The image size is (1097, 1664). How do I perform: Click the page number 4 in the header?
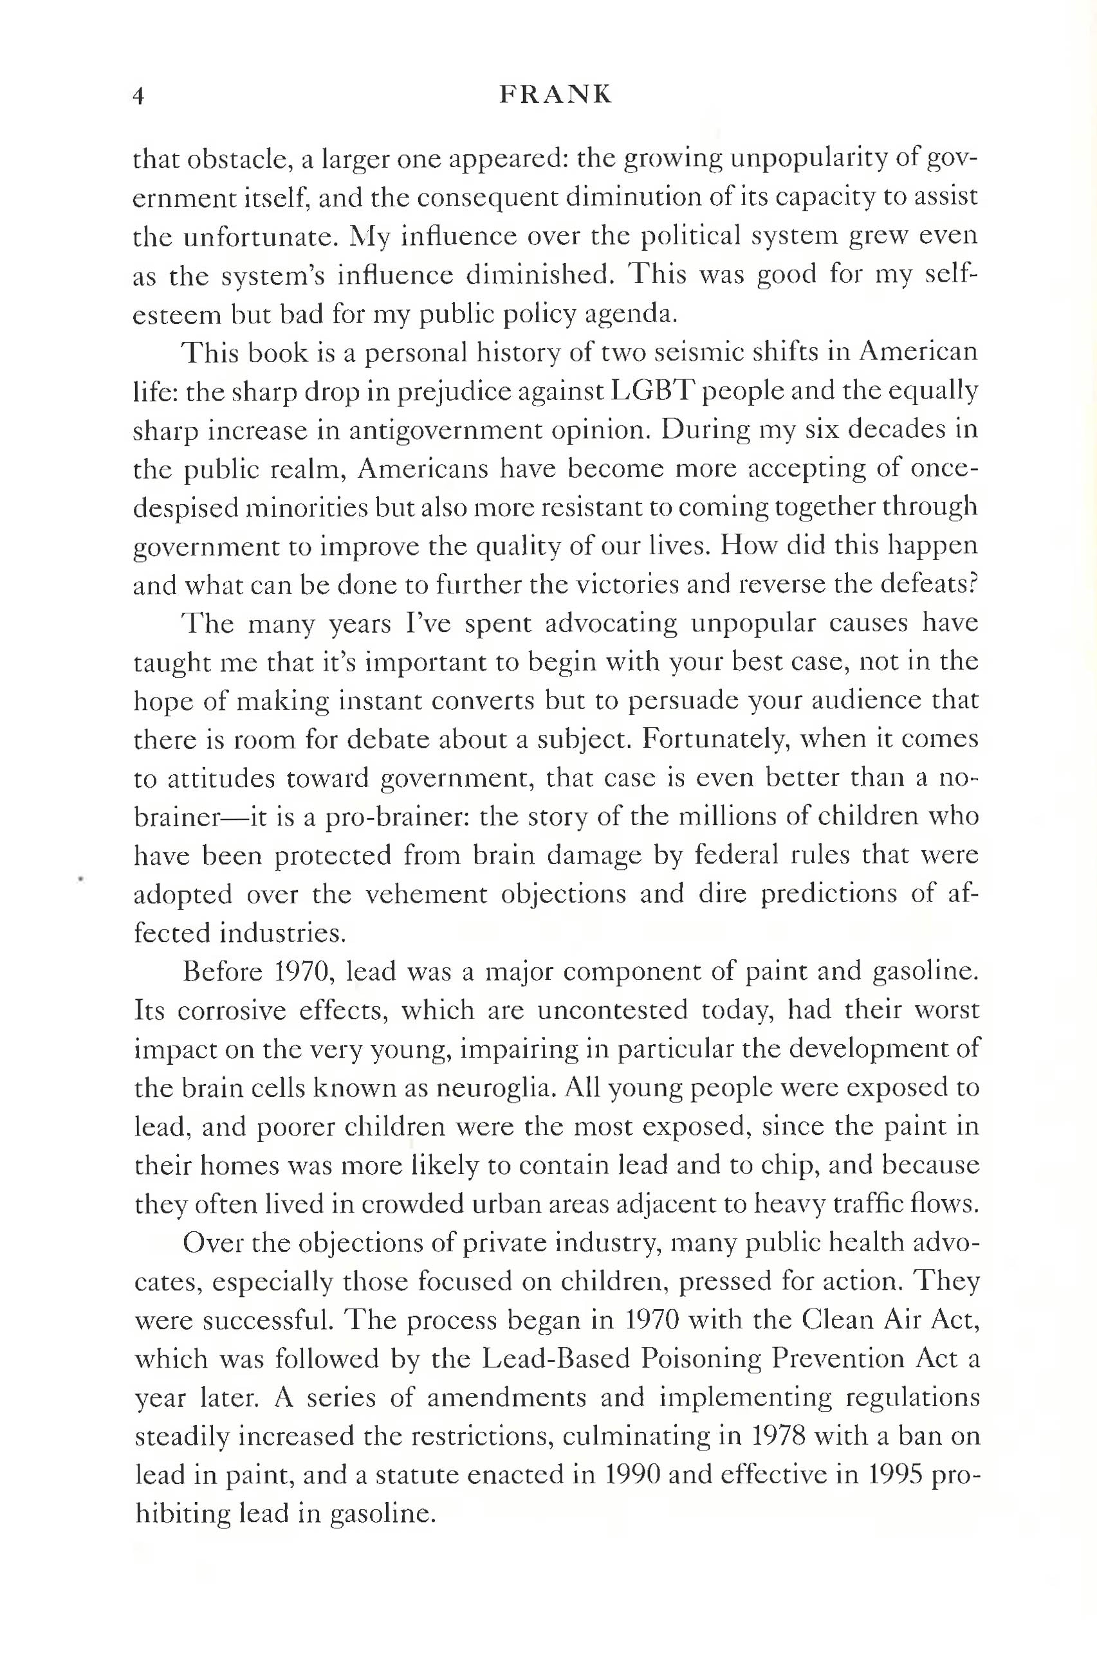click(138, 96)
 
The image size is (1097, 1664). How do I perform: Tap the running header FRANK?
click(555, 95)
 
